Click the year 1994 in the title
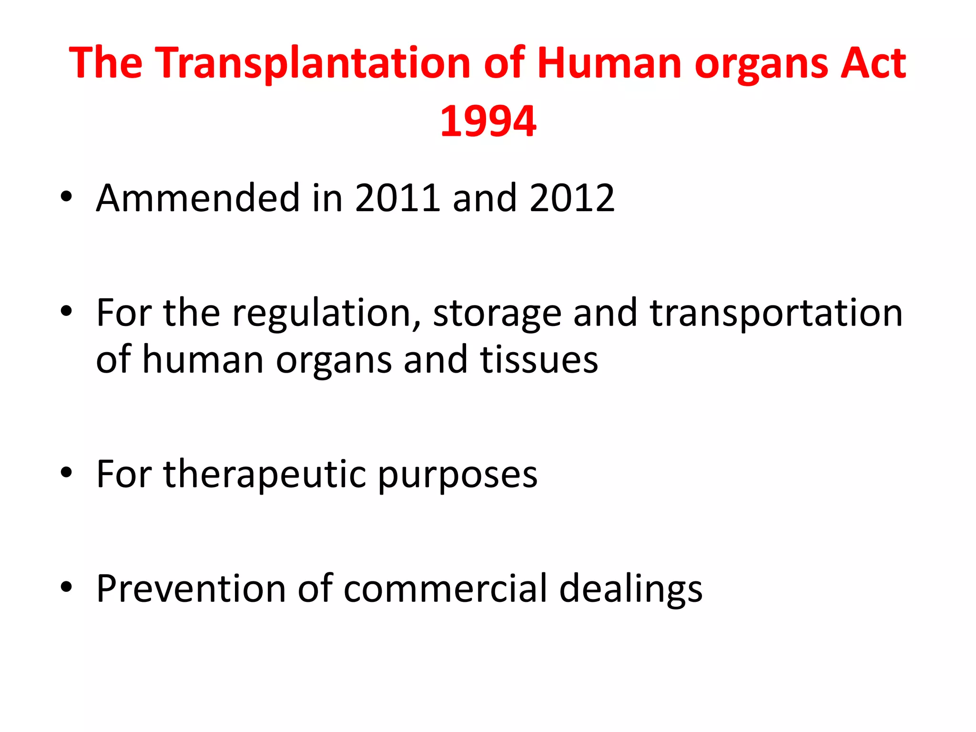coord(488,122)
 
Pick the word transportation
coord(776,313)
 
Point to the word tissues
coord(539,360)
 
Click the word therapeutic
coord(265,475)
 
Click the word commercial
coord(446,589)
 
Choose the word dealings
coord(630,590)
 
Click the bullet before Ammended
coord(66,197)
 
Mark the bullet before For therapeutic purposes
coord(66,473)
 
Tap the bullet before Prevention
coord(66,587)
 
